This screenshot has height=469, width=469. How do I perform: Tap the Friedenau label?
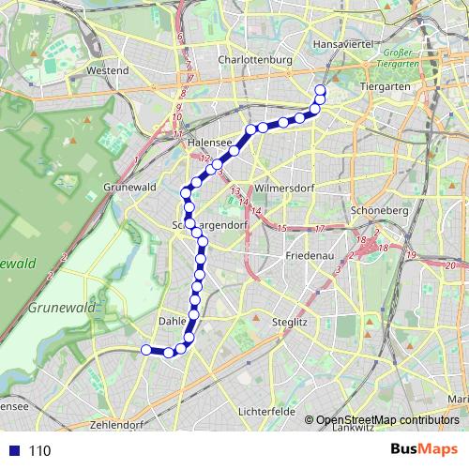tap(310, 255)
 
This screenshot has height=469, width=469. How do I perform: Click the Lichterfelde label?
tap(267, 411)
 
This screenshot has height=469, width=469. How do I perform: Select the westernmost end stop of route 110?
tap(145, 350)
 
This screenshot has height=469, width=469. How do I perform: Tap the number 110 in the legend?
tap(39, 450)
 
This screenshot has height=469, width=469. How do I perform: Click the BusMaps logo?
tap(423, 449)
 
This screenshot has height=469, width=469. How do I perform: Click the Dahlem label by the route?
tap(174, 321)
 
